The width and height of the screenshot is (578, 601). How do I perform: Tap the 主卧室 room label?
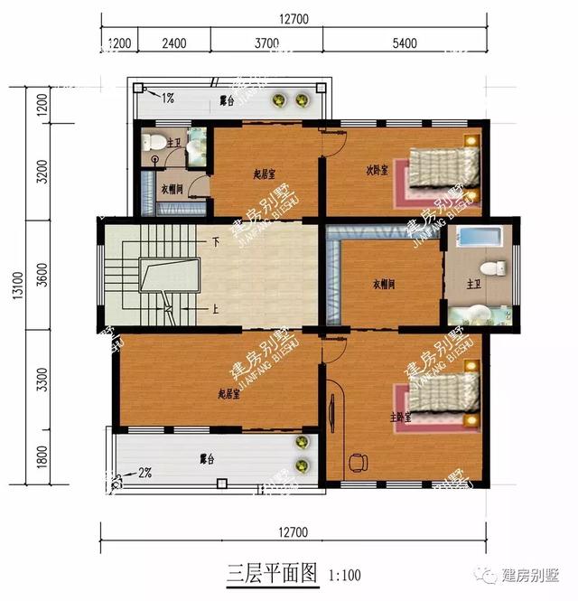[x=401, y=417]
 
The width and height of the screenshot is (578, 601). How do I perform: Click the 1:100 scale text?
[x=345, y=573]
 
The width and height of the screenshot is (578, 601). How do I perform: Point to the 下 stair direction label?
[x=216, y=242]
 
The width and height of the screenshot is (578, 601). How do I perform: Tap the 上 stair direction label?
[x=215, y=307]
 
